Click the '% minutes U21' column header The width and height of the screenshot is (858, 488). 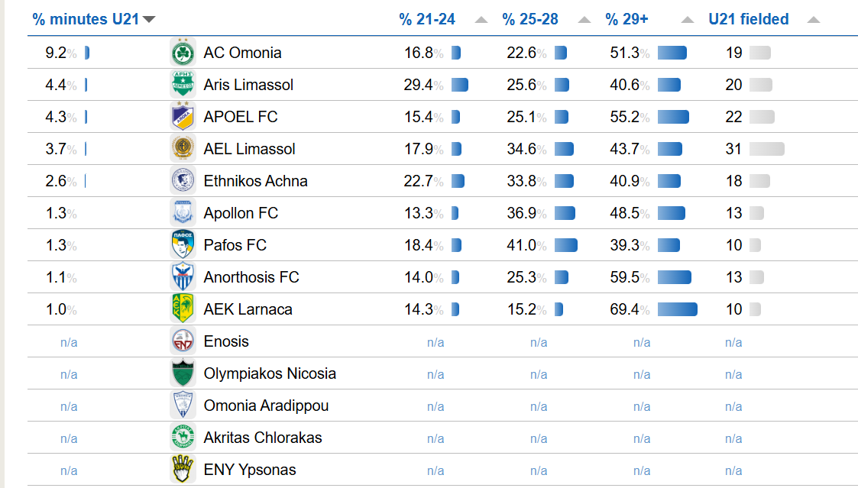point(86,19)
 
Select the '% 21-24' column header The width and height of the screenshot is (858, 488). point(426,19)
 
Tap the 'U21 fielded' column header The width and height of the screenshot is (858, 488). point(748,19)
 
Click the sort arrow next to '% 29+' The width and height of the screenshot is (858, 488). point(688,20)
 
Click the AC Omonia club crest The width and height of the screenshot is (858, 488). point(183,53)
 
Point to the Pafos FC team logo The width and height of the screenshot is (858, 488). point(183,245)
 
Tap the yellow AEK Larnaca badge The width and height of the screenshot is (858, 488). point(183,309)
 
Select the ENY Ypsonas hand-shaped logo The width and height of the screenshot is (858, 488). point(183,470)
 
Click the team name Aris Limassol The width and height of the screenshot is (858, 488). point(248,85)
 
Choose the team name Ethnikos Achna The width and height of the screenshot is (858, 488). point(255,181)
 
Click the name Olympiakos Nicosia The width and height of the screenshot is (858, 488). point(270,373)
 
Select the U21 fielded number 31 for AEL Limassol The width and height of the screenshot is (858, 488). point(733,149)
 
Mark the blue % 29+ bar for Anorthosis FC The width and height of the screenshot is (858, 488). point(674,277)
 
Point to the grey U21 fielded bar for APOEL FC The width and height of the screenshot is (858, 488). point(762,117)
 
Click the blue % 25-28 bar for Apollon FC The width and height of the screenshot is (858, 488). point(565,213)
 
